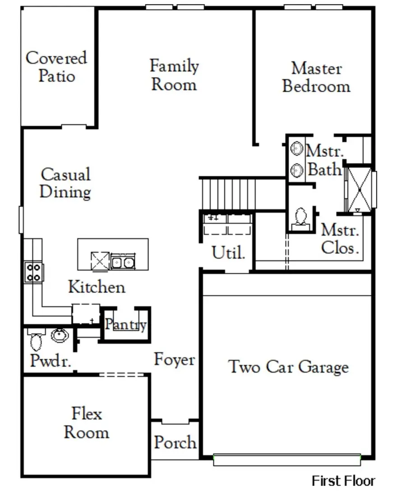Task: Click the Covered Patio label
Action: click(x=56, y=66)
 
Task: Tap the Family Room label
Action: click(x=174, y=75)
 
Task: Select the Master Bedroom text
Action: click(x=316, y=77)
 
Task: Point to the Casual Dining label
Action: click(x=65, y=183)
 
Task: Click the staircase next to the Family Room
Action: click(x=228, y=193)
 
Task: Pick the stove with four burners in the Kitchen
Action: click(x=34, y=272)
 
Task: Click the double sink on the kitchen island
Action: click(x=123, y=262)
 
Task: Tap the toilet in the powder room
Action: click(x=36, y=340)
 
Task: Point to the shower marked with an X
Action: click(x=360, y=188)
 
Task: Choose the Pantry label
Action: click(x=125, y=324)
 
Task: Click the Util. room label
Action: click(x=229, y=253)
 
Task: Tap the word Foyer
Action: click(x=174, y=360)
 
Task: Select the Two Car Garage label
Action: click(x=289, y=366)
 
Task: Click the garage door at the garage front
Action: click(x=287, y=460)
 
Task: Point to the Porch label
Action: click(x=175, y=442)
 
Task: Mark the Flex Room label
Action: click(x=86, y=423)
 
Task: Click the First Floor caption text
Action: click(x=343, y=481)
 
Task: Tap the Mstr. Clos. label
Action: click(x=340, y=239)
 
